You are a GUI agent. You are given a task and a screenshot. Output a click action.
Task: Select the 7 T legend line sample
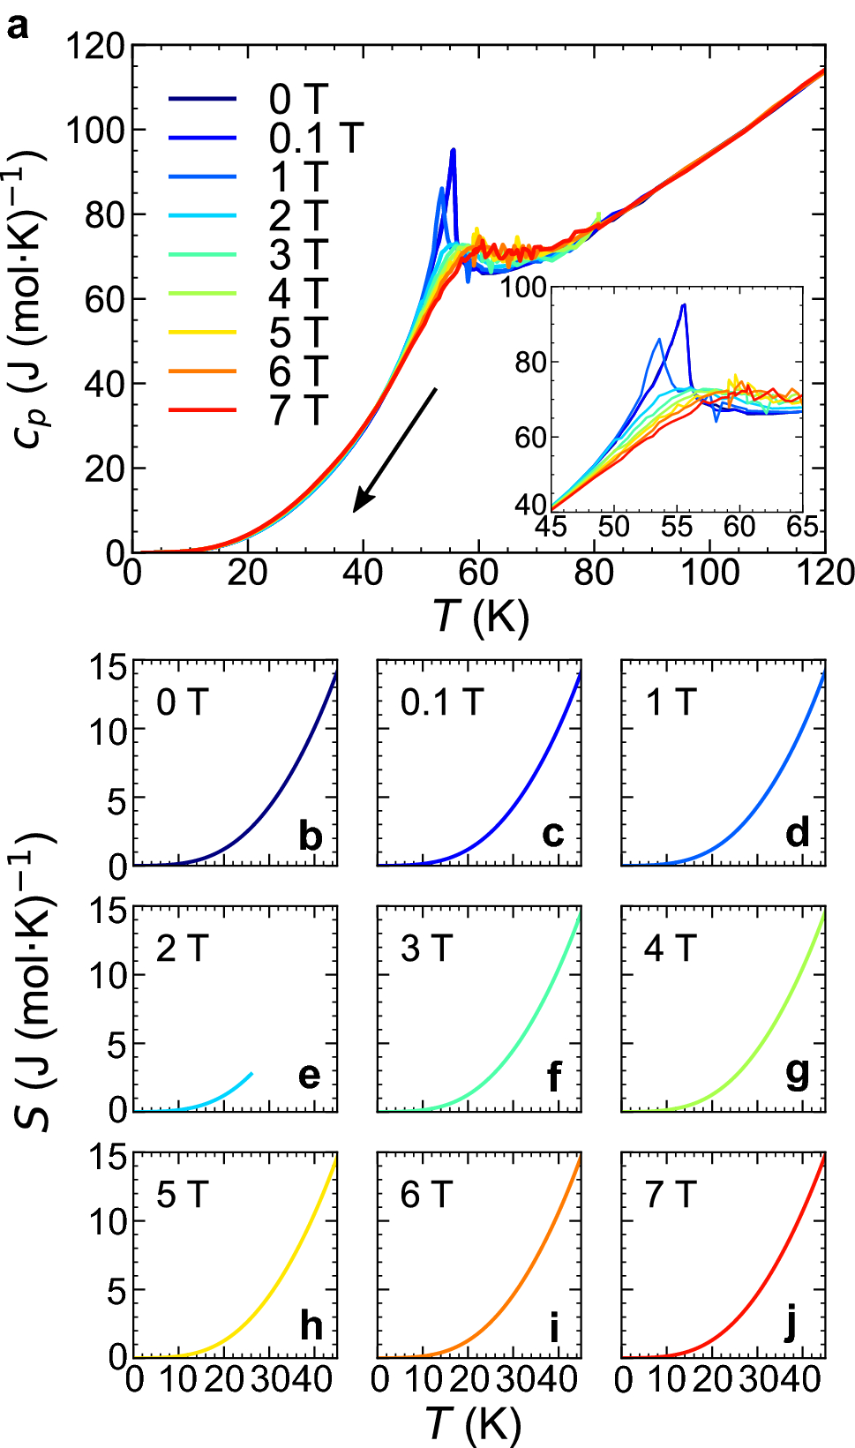coord(202,410)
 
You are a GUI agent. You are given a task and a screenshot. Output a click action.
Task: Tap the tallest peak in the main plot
coord(454,151)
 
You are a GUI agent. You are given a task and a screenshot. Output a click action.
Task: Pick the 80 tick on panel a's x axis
coord(594,574)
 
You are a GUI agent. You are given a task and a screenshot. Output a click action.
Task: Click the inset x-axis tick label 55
coord(677,528)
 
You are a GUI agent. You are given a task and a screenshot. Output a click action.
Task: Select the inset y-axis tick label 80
coord(531,362)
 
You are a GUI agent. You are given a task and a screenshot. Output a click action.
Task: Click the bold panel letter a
coord(18,26)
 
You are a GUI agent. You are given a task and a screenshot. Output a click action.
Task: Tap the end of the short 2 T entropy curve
coord(252,1074)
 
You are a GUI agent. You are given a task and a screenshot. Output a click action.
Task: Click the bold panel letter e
coord(309,1075)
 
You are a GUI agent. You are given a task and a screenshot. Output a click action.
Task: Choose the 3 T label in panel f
coord(426,949)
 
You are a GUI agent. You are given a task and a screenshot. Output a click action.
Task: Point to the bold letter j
coord(791,1324)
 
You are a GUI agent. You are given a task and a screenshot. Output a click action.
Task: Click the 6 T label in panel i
coord(426,1195)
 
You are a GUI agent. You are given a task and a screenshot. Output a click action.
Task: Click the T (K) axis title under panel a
coord(481,616)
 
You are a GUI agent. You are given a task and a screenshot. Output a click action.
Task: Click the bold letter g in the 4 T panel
coord(797,1074)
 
